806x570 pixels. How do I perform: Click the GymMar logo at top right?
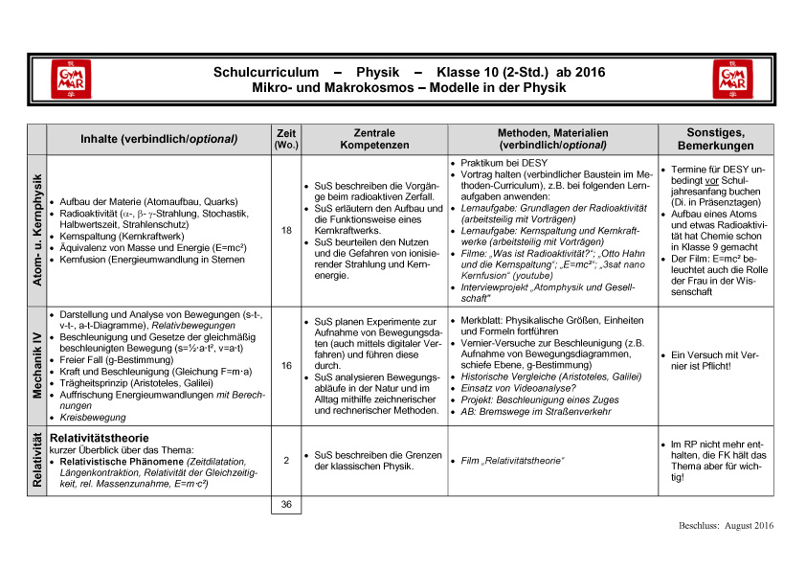point(732,80)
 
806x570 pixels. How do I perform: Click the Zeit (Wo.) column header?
point(286,138)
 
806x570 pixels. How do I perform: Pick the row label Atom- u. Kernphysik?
point(37,229)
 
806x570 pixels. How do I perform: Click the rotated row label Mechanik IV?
point(37,365)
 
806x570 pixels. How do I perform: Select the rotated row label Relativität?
point(37,462)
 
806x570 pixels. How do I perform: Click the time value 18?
point(286,230)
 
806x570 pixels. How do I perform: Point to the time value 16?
point(286,365)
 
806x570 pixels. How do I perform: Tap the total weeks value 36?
point(286,504)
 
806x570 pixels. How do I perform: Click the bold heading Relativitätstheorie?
point(100,438)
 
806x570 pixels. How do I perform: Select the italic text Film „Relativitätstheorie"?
point(512,462)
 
